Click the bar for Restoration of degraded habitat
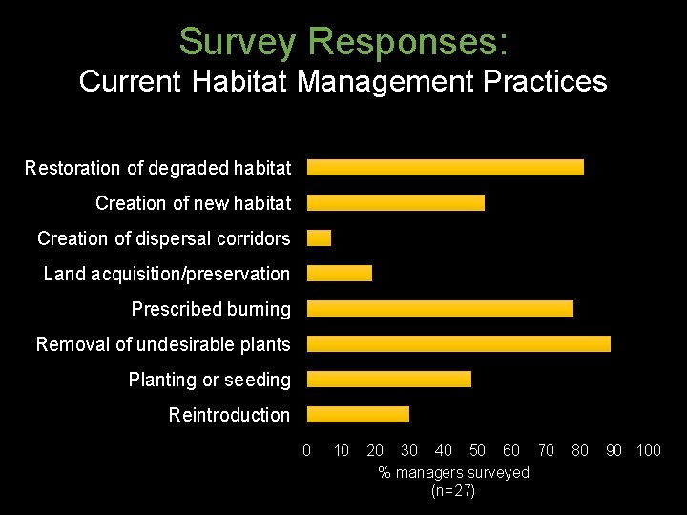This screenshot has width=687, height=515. (445, 168)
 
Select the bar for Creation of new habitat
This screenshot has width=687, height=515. (395, 203)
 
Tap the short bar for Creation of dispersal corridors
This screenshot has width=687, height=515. (319, 238)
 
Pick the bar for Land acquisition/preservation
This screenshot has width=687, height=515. (339, 274)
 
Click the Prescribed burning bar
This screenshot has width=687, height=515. (440, 309)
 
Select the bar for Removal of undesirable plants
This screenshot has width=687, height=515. (458, 344)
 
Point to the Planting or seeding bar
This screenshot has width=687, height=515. (388, 380)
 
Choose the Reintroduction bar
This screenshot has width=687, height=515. (358, 415)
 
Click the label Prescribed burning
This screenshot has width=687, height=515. (211, 309)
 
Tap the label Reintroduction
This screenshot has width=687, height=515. (229, 415)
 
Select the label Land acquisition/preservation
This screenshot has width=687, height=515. (167, 274)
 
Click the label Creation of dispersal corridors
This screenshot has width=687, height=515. (163, 238)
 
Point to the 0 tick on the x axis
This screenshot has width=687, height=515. (306, 450)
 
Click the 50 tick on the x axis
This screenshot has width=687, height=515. (477, 450)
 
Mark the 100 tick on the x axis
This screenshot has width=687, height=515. (648, 450)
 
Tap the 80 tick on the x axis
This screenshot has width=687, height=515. (580, 450)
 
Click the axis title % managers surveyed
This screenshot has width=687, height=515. (453, 473)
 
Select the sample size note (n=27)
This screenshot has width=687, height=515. (453, 491)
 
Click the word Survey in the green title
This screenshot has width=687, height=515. (239, 42)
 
